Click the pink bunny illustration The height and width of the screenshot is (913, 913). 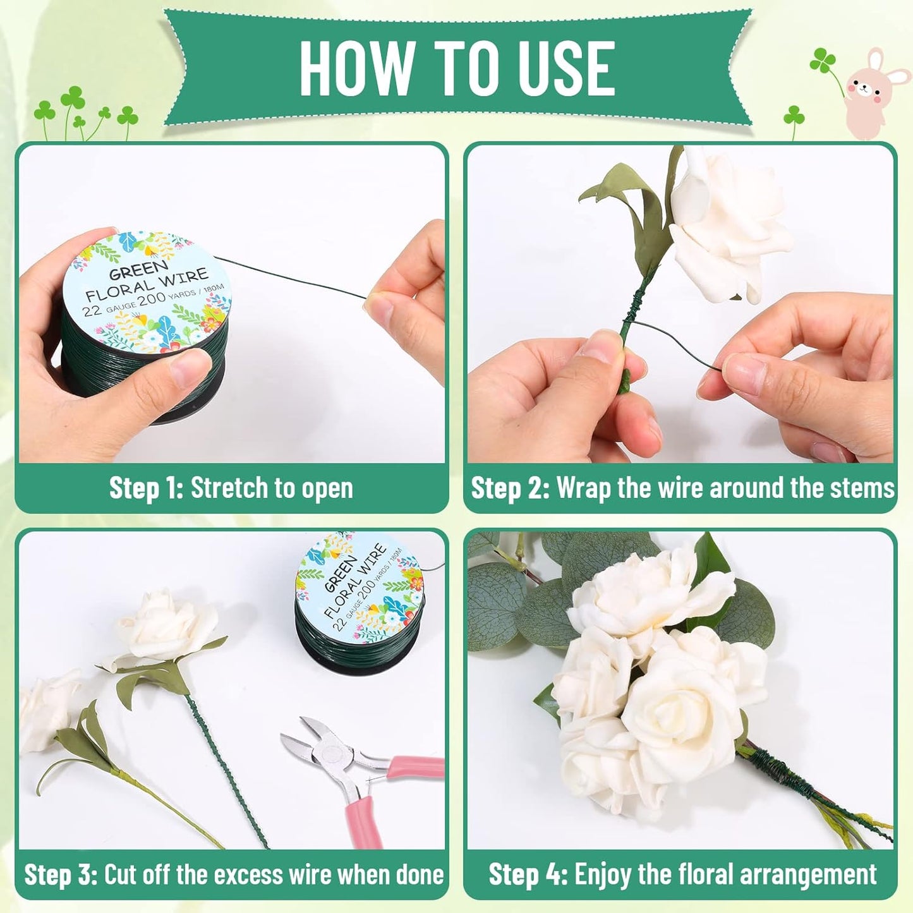point(874,94)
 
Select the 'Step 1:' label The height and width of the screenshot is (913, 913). point(146,488)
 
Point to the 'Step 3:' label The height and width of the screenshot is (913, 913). point(61,875)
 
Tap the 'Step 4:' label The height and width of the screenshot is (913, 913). point(528,875)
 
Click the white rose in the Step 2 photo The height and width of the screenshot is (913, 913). point(727,221)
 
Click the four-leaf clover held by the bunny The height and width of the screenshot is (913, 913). point(823,61)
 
